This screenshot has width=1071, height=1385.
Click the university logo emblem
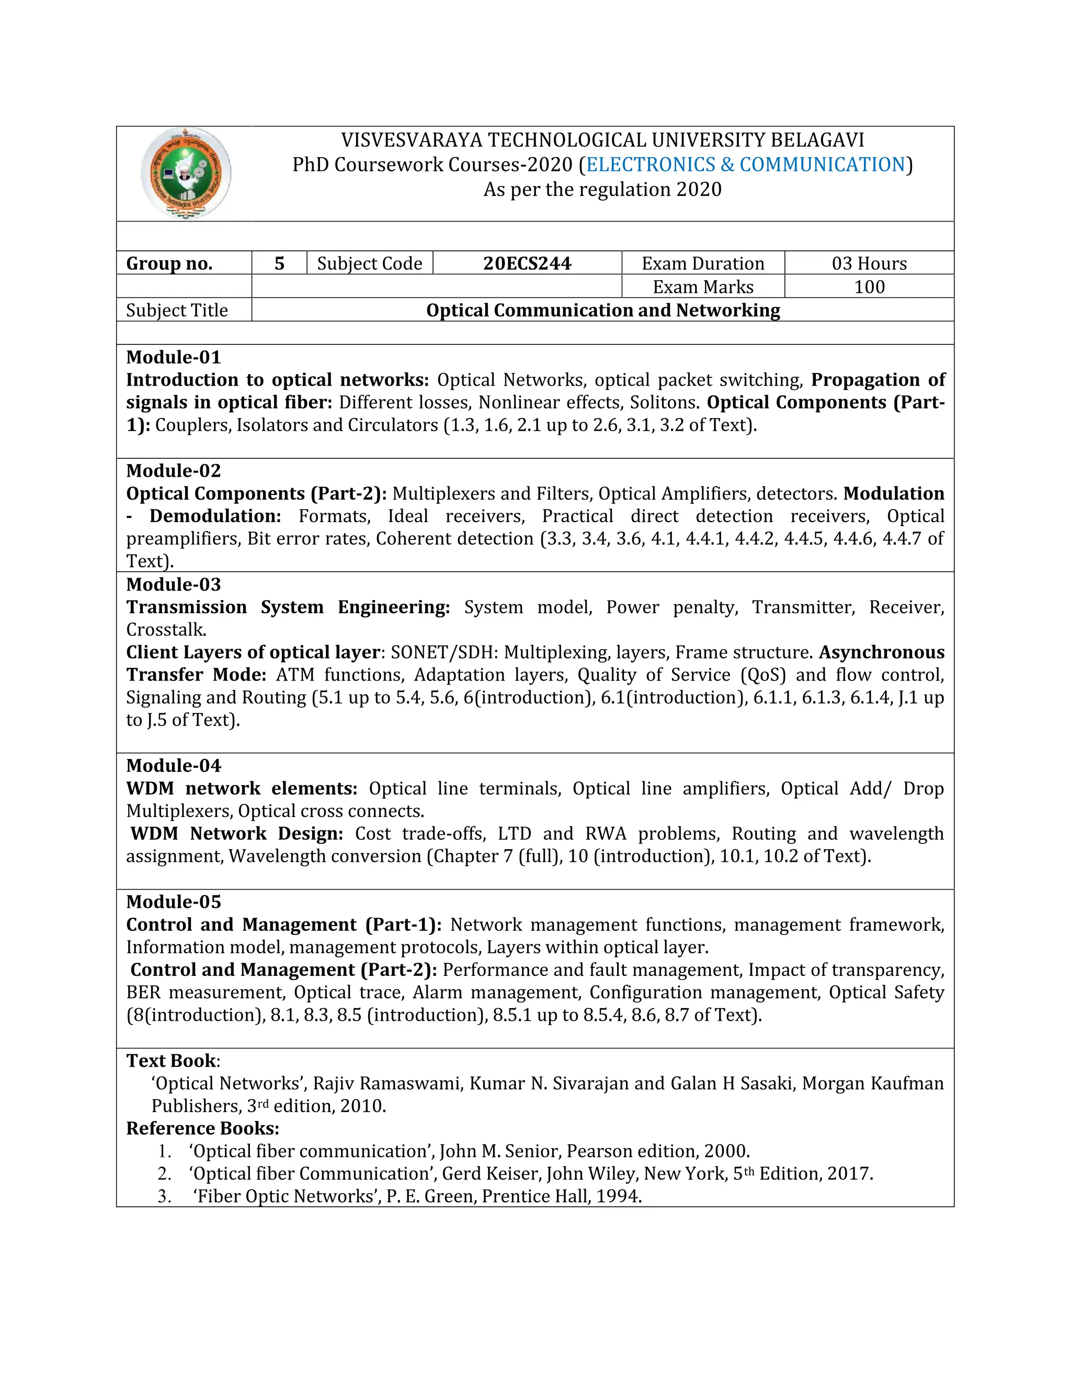click(186, 173)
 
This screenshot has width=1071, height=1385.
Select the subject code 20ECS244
click(527, 263)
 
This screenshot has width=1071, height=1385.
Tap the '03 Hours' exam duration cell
click(869, 263)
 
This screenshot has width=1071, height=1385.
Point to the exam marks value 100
click(869, 286)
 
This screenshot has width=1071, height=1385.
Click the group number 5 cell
click(279, 263)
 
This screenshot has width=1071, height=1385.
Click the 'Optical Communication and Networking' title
click(603, 310)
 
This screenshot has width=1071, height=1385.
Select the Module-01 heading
click(173, 357)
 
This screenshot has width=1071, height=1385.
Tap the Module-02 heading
click(173, 470)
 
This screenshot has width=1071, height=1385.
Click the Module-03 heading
click(173, 584)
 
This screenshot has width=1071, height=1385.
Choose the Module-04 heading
click(173, 766)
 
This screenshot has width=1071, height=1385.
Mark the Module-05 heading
click(173, 902)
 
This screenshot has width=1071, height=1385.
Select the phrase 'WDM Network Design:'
click(237, 833)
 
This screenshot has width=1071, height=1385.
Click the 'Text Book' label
click(170, 1061)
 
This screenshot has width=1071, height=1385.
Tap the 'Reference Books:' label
click(202, 1129)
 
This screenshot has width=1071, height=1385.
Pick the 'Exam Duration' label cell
click(702, 263)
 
